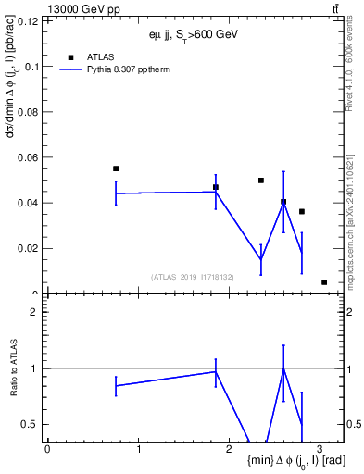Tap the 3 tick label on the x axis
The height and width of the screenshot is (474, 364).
point(320,448)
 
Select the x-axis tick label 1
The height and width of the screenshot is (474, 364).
point(138,448)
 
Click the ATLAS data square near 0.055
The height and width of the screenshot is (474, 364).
point(116,168)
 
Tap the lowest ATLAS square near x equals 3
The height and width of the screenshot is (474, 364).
point(324,282)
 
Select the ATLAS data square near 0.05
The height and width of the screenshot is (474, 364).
point(261,181)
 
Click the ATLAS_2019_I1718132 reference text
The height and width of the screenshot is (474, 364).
point(193,276)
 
